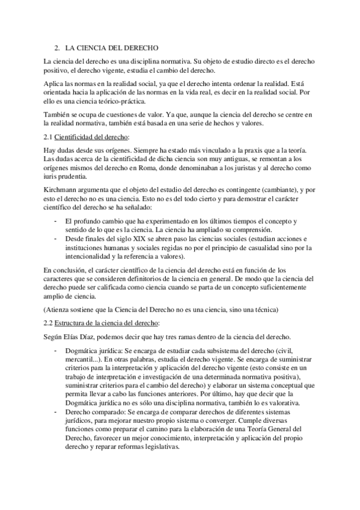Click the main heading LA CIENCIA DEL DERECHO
pyautogui.click(x=111, y=46)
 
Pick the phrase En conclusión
pyautogui.click(x=66, y=271)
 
